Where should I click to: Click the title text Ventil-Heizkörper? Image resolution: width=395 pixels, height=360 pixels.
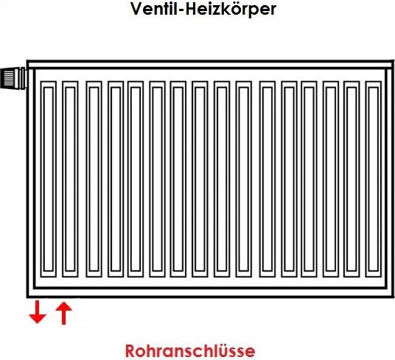point(203,10)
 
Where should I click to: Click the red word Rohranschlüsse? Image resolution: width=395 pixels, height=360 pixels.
point(190,350)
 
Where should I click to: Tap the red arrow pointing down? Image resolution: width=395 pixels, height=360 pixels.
point(38,312)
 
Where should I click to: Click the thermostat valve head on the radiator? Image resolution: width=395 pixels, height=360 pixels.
point(13,78)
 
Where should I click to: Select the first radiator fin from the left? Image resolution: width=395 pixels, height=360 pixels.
point(49,179)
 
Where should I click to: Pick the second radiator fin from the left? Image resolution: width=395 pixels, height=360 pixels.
point(70,179)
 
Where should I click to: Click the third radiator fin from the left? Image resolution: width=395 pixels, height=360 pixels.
point(94,179)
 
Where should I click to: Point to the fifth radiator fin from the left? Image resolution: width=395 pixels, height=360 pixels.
point(136,179)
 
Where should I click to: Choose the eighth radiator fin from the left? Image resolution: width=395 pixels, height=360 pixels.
point(200,179)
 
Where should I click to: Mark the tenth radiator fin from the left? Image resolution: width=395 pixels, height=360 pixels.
point(244,179)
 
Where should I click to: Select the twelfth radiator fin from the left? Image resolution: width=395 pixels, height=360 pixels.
point(290,179)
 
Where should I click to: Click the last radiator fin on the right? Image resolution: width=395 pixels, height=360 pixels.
point(374,179)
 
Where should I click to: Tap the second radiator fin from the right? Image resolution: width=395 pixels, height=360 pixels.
point(352,179)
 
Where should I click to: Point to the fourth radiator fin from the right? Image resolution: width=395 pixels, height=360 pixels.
point(309,179)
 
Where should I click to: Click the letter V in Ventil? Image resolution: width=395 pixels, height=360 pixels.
point(136,9)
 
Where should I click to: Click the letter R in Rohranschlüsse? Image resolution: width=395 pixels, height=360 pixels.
point(130,351)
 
